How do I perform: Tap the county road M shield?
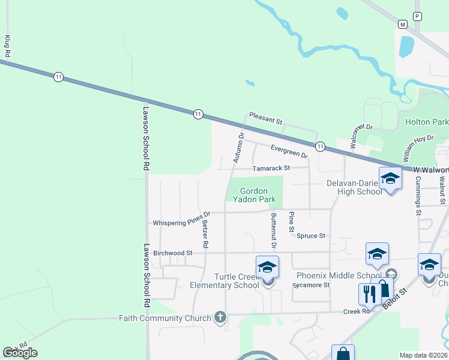[402, 23]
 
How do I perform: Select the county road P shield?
[418, 16]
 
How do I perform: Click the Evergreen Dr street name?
[289, 151]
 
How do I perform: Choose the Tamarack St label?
[271, 168]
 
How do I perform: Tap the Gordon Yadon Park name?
[255, 195]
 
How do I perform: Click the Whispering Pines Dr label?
[181, 221]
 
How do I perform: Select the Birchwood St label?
[172, 253]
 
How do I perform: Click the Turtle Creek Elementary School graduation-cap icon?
[267, 267]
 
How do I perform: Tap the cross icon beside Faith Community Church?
[220, 317]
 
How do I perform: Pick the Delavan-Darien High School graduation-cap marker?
[390, 179]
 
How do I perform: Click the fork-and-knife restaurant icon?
[369, 294]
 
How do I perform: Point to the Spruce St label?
[310, 236]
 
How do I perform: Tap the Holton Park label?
[426, 122]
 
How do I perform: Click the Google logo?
[20, 353]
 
